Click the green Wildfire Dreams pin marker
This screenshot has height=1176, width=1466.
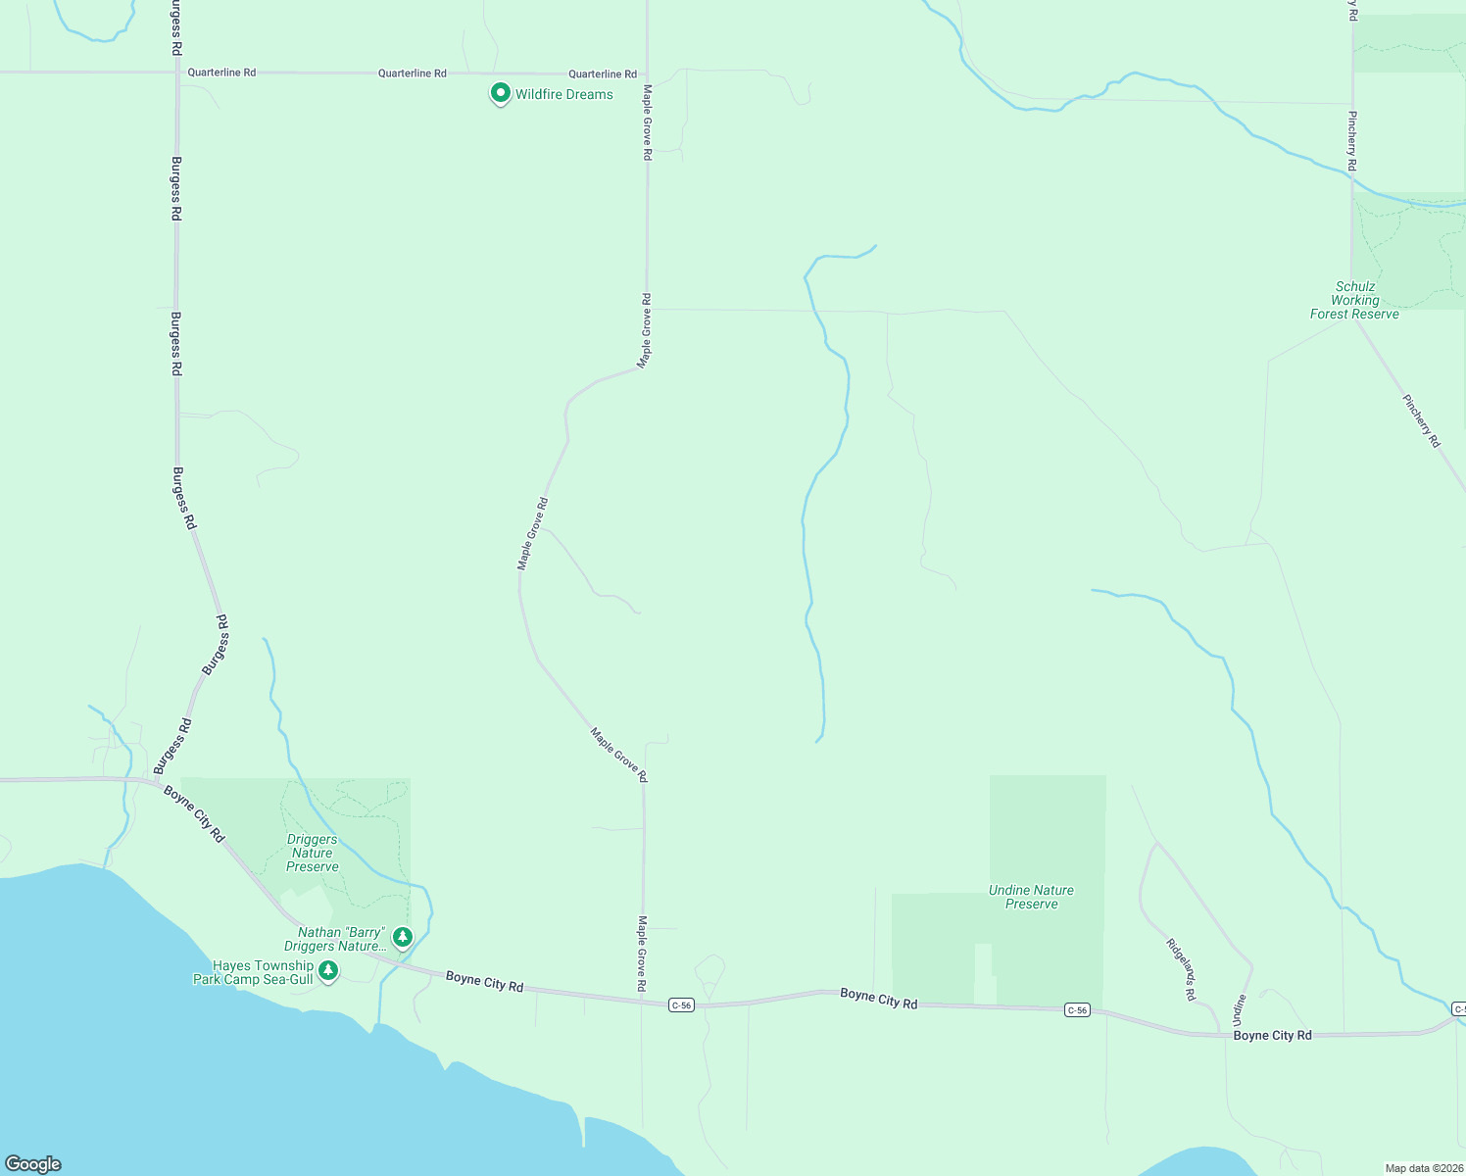[x=500, y=93]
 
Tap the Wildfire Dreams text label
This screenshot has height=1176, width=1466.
[x=564, y=95]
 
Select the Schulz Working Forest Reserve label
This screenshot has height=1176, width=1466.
[x=1354, y=301]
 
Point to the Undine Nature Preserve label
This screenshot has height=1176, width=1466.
[x=1031, y=897]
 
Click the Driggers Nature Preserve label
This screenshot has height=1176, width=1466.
[x=312, y=853]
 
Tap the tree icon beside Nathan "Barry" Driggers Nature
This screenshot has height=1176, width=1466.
[x=402, y=937]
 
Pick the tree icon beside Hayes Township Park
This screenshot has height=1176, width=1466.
[x=328, y=970]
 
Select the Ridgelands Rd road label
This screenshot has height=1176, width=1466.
[x=1181, y=969]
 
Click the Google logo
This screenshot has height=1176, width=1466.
[x=33, y=1164]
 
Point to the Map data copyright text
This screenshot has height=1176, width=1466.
[x=1424, y=1168]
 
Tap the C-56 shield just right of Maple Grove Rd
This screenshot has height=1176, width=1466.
[x=681, y=1005]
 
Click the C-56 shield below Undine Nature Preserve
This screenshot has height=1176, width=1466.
[x=1077, y=1010]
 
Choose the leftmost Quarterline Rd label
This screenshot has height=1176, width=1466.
[x=221, y=73]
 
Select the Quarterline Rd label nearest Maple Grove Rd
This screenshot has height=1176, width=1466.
[x=603, y=73]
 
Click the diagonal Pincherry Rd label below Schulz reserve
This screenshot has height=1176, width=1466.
[x=1421, y=421]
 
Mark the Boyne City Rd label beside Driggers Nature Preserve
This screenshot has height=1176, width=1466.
[x=194, y=813]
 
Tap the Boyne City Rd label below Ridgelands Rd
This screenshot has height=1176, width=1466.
[x=1272, y=1036]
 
